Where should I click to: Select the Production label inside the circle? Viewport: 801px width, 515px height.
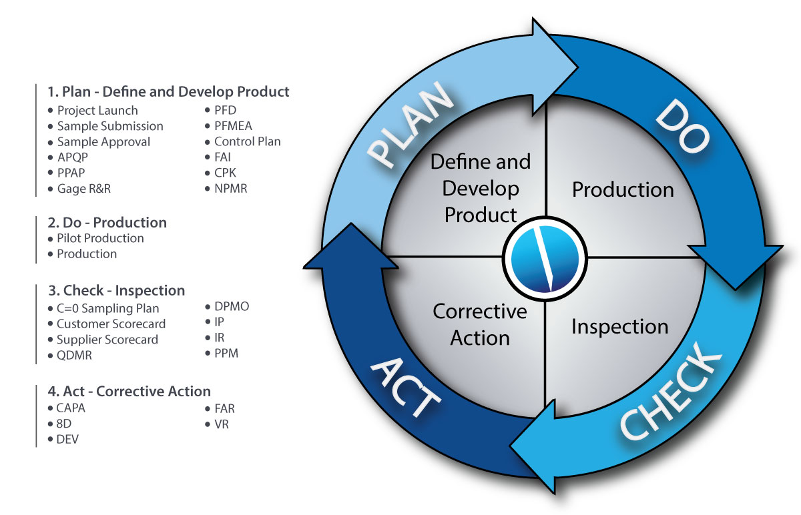[623, 190]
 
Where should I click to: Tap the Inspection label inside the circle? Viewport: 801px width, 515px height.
[619, 327]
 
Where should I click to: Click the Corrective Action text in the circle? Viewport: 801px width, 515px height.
[479, 325]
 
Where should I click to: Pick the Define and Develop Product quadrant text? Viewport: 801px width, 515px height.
[481, 188]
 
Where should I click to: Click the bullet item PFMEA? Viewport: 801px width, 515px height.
[233, 125]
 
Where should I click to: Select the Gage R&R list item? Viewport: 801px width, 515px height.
[83, 189]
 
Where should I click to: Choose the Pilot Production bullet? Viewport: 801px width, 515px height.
[100, 238]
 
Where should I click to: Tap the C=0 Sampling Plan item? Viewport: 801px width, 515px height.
[107, 308]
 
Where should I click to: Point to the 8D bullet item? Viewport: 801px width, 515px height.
[64, 423]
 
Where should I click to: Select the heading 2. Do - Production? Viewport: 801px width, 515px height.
[107, 222]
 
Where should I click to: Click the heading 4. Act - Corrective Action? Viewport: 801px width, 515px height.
[129, 392]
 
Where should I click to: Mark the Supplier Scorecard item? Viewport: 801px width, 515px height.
[107, 340]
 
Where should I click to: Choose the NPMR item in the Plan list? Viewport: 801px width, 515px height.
[230, 189]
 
